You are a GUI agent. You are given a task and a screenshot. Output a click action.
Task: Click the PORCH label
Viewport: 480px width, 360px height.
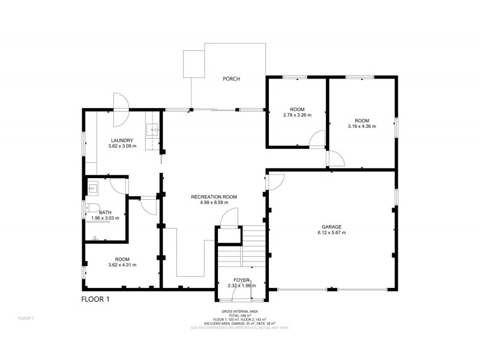point(232,79)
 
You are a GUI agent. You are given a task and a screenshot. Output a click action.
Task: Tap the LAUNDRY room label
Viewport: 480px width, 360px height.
point(122,140)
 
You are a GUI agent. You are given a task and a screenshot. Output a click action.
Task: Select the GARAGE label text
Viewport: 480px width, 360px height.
point(331,227)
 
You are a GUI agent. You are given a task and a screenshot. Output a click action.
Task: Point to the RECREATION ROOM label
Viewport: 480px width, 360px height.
point(214,197)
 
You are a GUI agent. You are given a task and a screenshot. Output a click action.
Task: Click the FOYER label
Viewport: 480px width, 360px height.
point(242,280)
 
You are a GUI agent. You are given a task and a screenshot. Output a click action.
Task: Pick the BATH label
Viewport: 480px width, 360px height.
point(105,212)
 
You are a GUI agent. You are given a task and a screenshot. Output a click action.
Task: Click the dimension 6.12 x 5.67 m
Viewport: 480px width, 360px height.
point(331,233)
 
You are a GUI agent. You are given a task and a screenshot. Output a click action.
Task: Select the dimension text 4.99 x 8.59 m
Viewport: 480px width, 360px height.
point(214,203)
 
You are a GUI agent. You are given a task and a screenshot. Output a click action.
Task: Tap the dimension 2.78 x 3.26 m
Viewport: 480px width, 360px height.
point(298,115)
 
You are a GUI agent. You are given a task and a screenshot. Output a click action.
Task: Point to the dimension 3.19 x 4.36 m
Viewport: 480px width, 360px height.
point(362,127)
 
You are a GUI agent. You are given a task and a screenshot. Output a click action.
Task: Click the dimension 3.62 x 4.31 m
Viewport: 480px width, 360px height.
point(122,265)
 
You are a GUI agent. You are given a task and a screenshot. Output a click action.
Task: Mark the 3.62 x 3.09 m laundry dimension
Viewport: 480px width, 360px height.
point(122,146)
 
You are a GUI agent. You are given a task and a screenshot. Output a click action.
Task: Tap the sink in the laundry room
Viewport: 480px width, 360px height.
point(154,129)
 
